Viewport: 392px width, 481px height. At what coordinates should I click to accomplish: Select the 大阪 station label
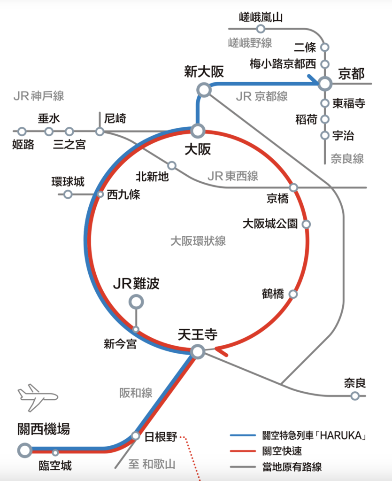tap(198, 149)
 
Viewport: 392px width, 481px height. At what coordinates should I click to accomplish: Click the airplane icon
tap(38, 397)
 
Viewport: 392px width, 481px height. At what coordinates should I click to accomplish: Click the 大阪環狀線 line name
tap(198, 241)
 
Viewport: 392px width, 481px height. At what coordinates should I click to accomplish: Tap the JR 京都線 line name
tap(262, 97)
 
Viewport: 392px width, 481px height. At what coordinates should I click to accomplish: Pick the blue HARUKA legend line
tap(243, 435)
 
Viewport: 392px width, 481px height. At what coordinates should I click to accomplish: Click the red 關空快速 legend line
tap(243, 451)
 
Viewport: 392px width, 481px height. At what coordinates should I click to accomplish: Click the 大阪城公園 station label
tap(270, 224)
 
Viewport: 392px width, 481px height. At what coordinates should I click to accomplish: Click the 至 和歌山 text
tap(152, 464)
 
